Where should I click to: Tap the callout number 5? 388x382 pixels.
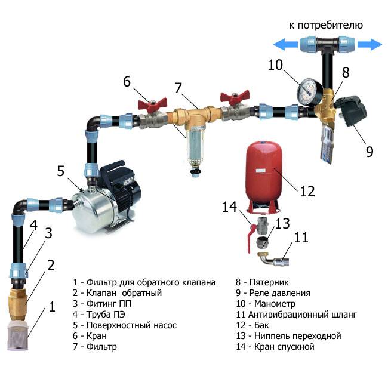click(x=60, y=171)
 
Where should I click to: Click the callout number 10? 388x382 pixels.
click(x=275, y=64)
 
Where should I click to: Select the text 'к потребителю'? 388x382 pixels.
click(x=325, y=25)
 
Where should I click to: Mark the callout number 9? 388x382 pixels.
click(x=369, y=151)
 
